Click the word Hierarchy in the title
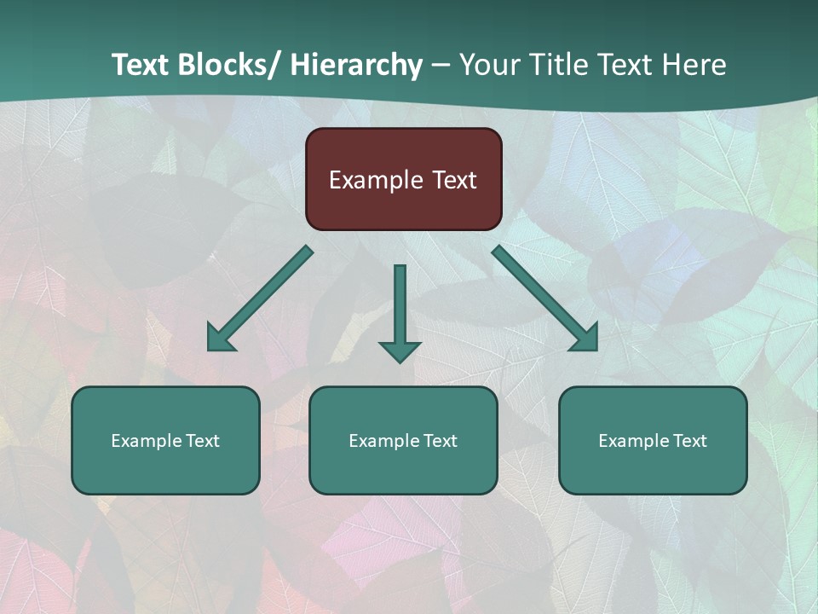(x=356, y=65)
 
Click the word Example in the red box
(x=376, y=180)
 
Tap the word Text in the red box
(x=453, y=180)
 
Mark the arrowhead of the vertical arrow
(x=400, y=351)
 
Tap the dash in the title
(x=441, y=66)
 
